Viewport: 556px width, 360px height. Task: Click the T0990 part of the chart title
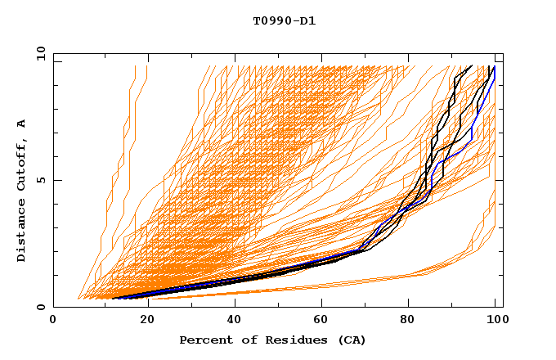269,20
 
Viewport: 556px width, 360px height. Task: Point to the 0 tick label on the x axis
54,321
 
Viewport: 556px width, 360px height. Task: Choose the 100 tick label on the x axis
495,321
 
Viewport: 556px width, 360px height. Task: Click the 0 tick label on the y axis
41,308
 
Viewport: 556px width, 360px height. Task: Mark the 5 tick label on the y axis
41,180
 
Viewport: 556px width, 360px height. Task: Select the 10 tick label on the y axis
38,53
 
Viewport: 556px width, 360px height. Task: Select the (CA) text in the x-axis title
345,340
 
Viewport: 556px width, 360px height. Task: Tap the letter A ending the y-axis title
21,124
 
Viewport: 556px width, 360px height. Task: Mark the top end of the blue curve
495,67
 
